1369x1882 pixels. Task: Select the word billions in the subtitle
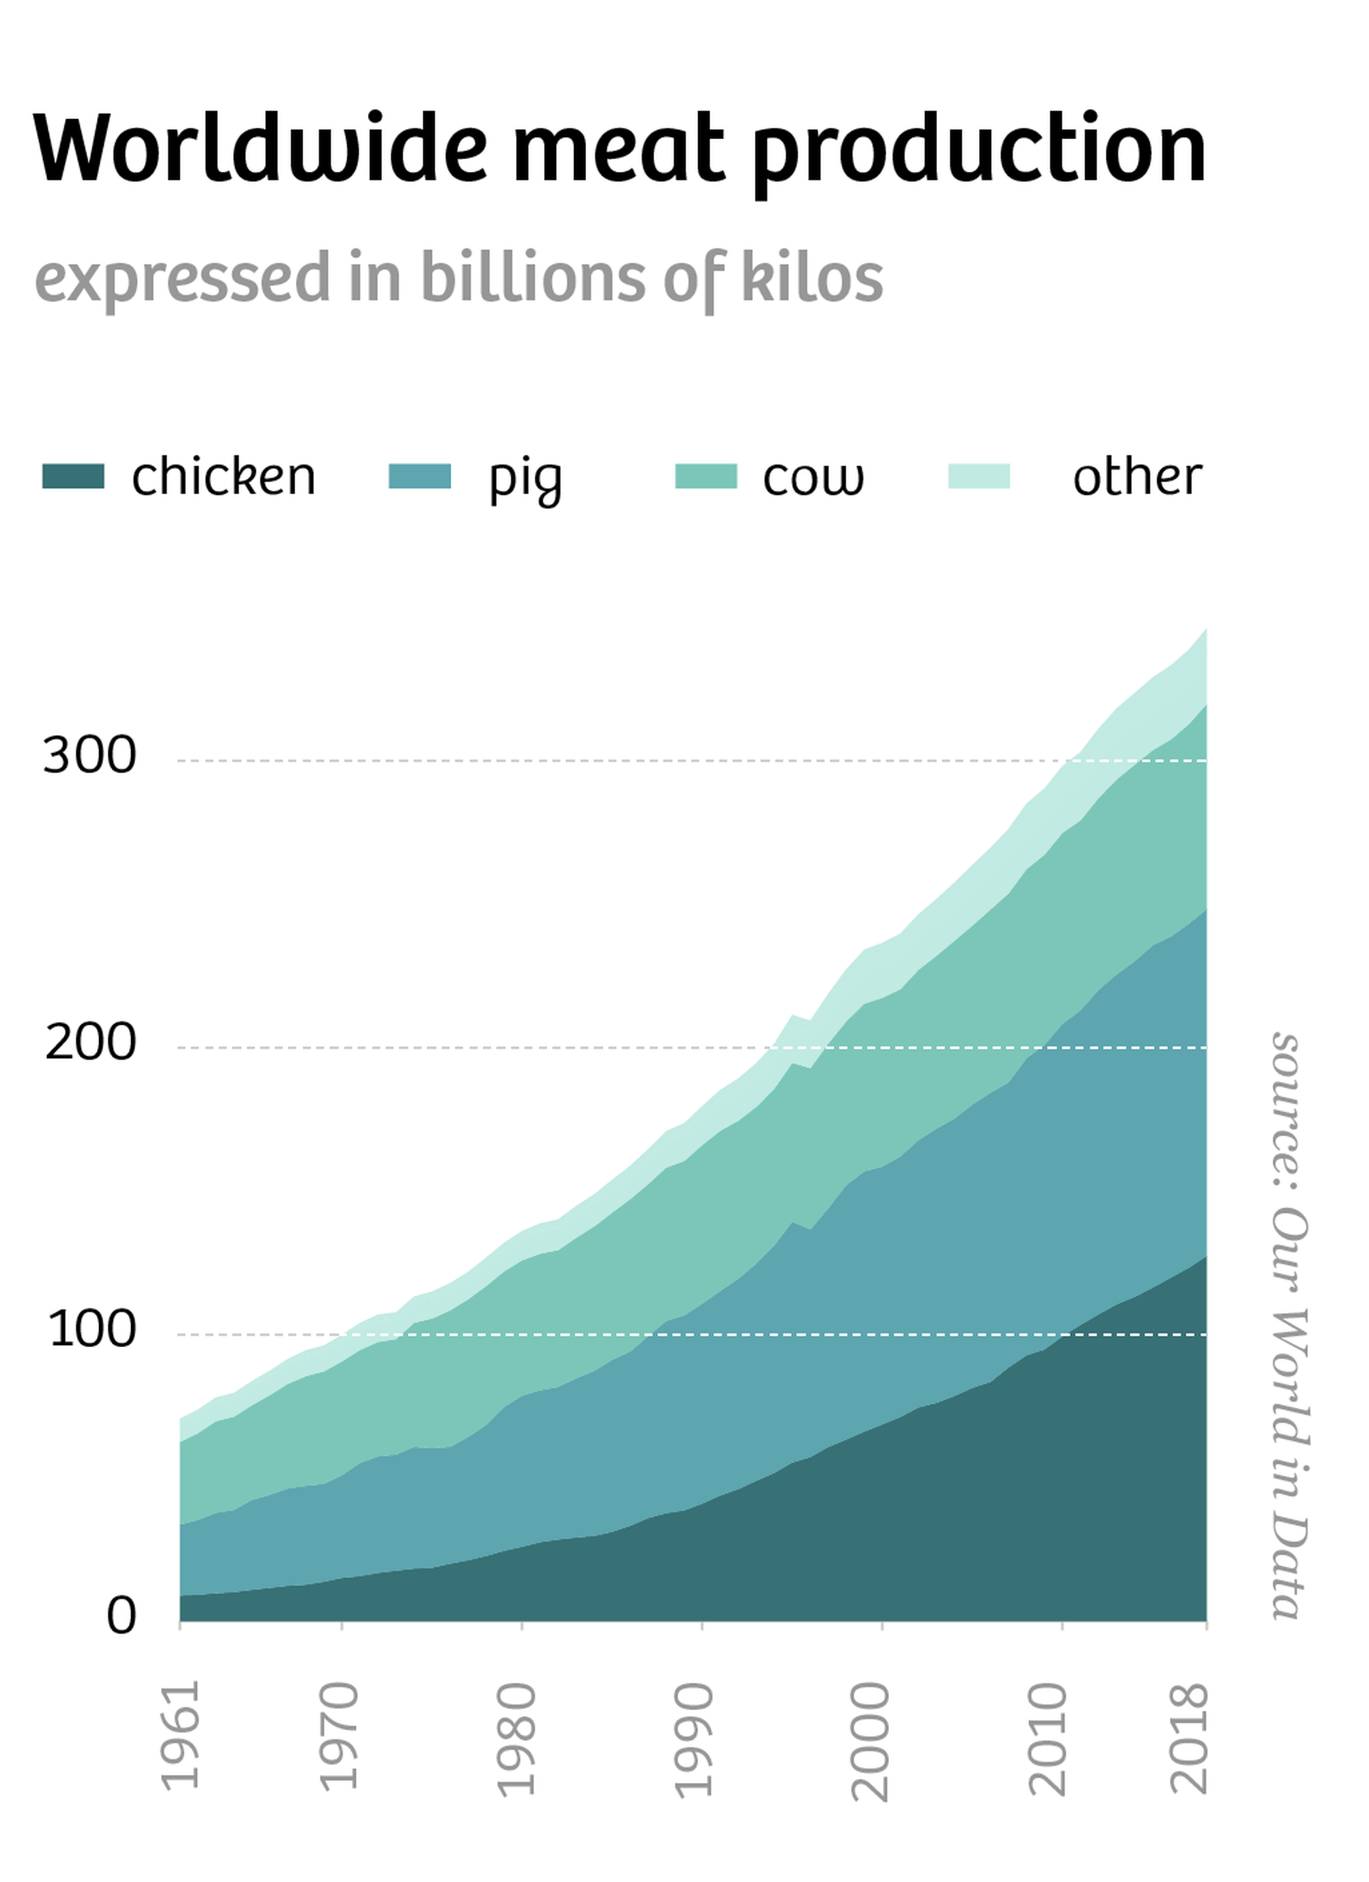pyautogui.click(x=532, y=278)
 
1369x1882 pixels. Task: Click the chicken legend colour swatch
pyautogui.click(x=73, y=476)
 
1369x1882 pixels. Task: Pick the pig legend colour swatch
pyautogui.click(x=420, y=476)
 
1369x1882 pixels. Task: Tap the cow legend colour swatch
pyautogui.click(x=705, y=476)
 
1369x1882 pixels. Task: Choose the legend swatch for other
pyautogui.click(x=978, y=476)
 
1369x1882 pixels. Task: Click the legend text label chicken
pyautogui.click(x=223, y=477)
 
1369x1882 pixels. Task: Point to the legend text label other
pyautogui.click(x=1137, y=477)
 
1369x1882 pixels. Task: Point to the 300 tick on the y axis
pyautogui.click(x=90, y=756)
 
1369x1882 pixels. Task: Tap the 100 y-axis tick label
pyautogui.click(x=92, y=1330)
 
